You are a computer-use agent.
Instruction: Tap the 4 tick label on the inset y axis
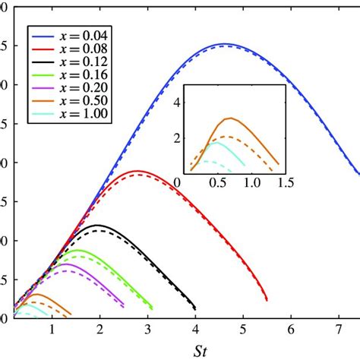click(178, 100)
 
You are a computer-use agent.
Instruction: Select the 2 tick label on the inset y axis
click(178, 137)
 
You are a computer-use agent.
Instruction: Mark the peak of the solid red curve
click(137, 171)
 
